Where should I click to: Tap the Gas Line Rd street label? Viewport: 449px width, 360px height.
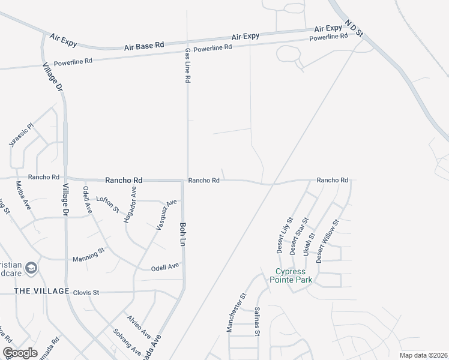point(188,65)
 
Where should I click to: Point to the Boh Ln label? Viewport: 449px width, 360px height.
point(182,234)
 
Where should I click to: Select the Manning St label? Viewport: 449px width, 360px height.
point(85,257)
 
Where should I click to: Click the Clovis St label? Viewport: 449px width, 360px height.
point(86,293)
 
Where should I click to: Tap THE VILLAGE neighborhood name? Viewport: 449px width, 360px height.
point(42,292)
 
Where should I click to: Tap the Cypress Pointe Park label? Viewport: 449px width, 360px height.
point(291,275)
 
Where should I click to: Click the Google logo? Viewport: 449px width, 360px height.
point(20,353)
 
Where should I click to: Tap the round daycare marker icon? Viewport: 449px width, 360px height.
point(31,268)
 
